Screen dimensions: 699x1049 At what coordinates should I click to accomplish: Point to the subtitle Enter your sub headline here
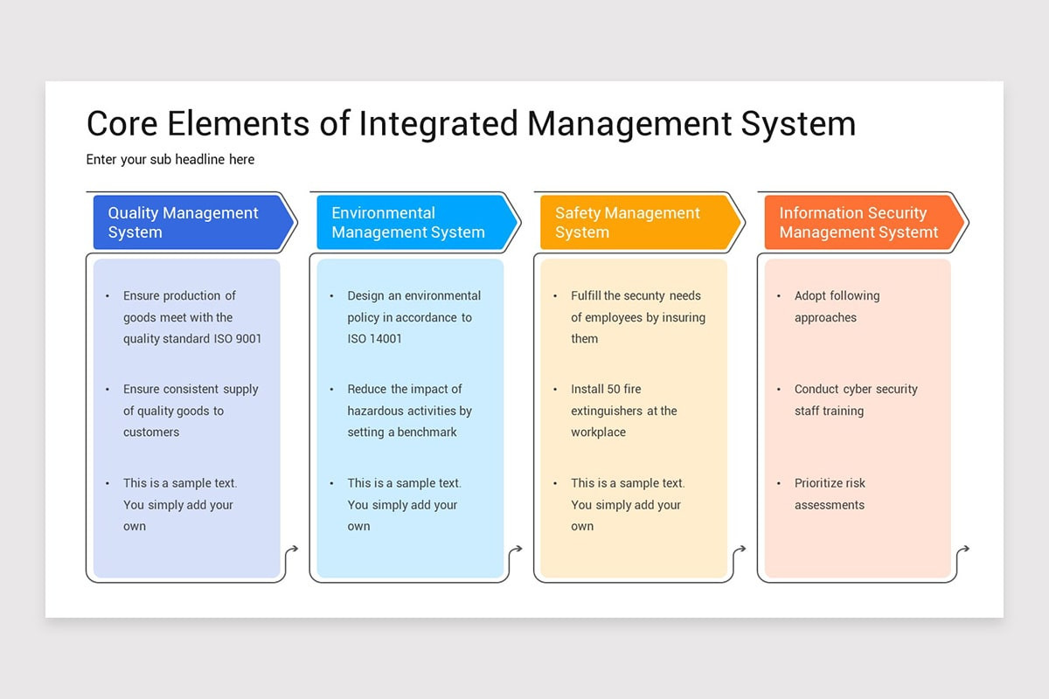coord(170,159)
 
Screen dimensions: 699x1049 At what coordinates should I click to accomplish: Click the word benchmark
coord(427,432)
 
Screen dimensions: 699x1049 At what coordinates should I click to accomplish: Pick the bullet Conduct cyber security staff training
coord(855,400)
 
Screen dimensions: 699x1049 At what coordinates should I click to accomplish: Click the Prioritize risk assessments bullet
coord(830,494)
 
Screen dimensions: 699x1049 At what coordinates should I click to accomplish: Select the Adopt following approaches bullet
coord(837,307)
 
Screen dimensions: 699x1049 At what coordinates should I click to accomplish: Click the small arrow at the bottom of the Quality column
coord(291,550)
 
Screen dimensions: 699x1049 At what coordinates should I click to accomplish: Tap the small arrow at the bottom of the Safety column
coord(740,550)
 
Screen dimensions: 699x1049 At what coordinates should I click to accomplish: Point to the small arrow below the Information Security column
coord(963,550)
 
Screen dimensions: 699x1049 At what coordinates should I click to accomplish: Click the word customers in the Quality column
coord(151,432)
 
